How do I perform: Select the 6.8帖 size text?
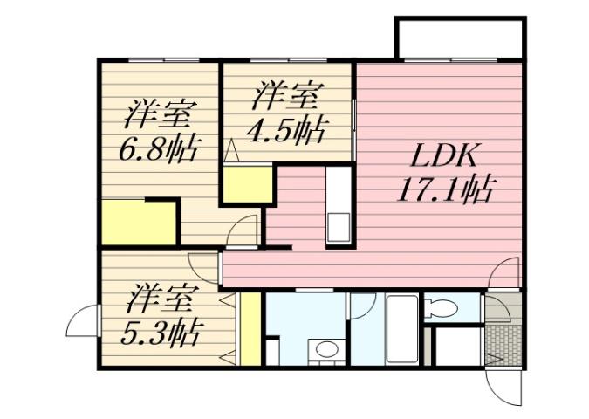pos(157,146)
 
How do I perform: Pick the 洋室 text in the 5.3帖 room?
pos(157,300)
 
